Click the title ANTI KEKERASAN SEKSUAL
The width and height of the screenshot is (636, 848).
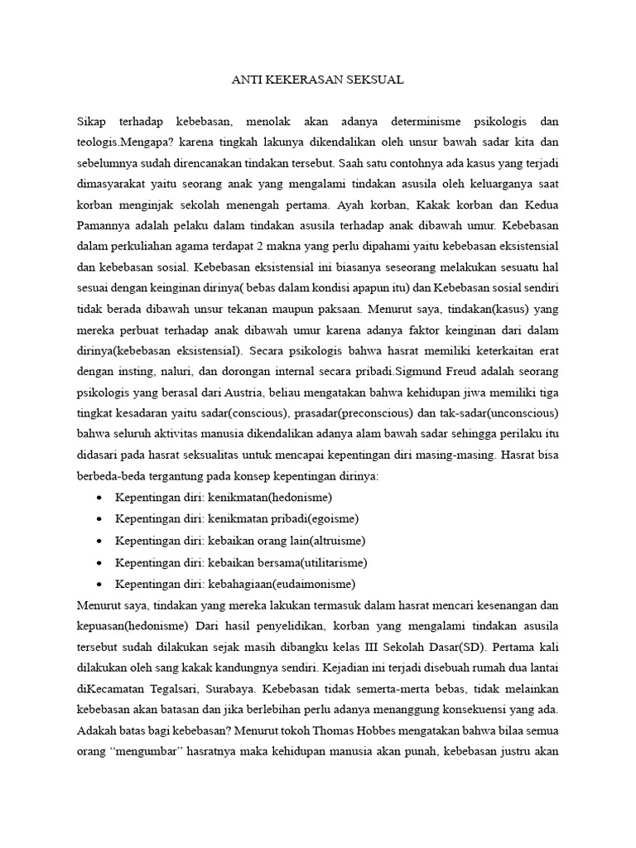click(x=317, y=81)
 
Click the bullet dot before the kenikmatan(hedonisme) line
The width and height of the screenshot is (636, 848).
click(x=99, y=497)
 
